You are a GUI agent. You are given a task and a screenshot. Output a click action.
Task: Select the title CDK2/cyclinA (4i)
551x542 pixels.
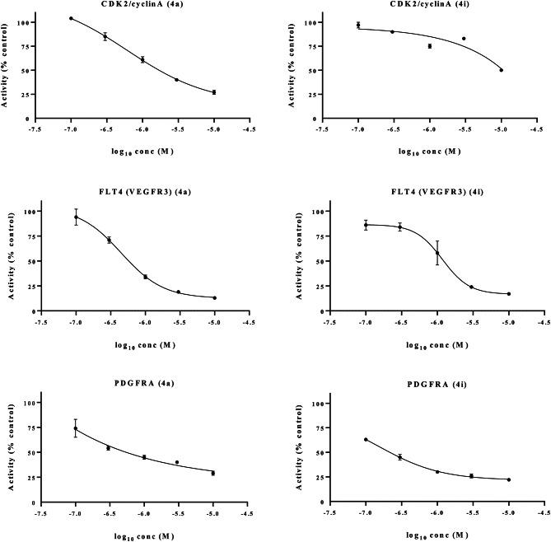pyautogui.click(x=430, y=5)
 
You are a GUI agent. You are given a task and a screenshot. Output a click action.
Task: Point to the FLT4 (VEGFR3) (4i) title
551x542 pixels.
pyautogui.click(x=430, y=195)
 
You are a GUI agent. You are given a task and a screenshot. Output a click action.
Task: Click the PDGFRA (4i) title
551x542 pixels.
pyautogui.click(x=430, y=385)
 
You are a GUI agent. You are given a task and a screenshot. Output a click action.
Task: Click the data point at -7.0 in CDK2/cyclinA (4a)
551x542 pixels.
pyautogui.click(x=71, y=18)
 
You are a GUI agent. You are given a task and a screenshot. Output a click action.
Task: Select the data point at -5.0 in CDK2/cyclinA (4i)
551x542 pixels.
pyautogui.click(x=501, y=70)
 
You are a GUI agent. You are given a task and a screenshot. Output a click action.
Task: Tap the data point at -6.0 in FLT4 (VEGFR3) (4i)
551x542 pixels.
pyautogui.click(x=437, y=253)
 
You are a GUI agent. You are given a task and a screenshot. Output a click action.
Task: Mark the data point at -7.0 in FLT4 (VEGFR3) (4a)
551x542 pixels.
pyautogui.click(x=76, y=217)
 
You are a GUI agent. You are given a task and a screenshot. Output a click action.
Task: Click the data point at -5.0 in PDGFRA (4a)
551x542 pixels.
pyautogui.click(x=213, y=473)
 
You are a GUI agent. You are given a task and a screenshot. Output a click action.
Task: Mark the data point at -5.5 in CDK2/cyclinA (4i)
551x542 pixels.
pyautogui.click(x=464, y=39)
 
